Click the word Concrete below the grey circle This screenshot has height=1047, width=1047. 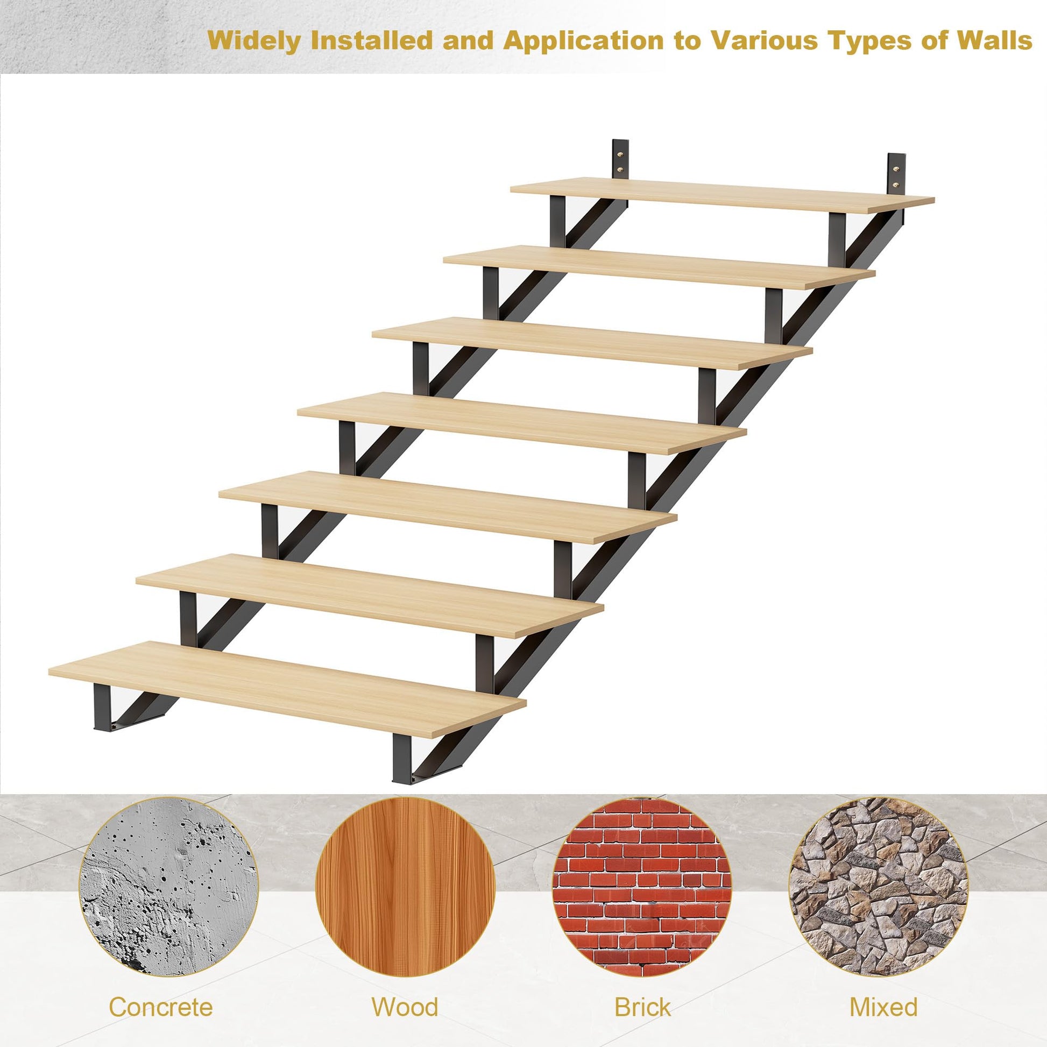pos(161,992)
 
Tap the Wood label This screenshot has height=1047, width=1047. pos(405,992)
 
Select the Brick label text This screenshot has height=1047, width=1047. pos(642,992)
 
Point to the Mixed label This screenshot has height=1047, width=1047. pos(883,992)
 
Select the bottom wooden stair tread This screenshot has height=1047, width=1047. pos(287,689)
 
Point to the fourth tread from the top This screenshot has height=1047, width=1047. pos(522,423)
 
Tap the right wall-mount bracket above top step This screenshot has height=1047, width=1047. pos(896,173)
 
